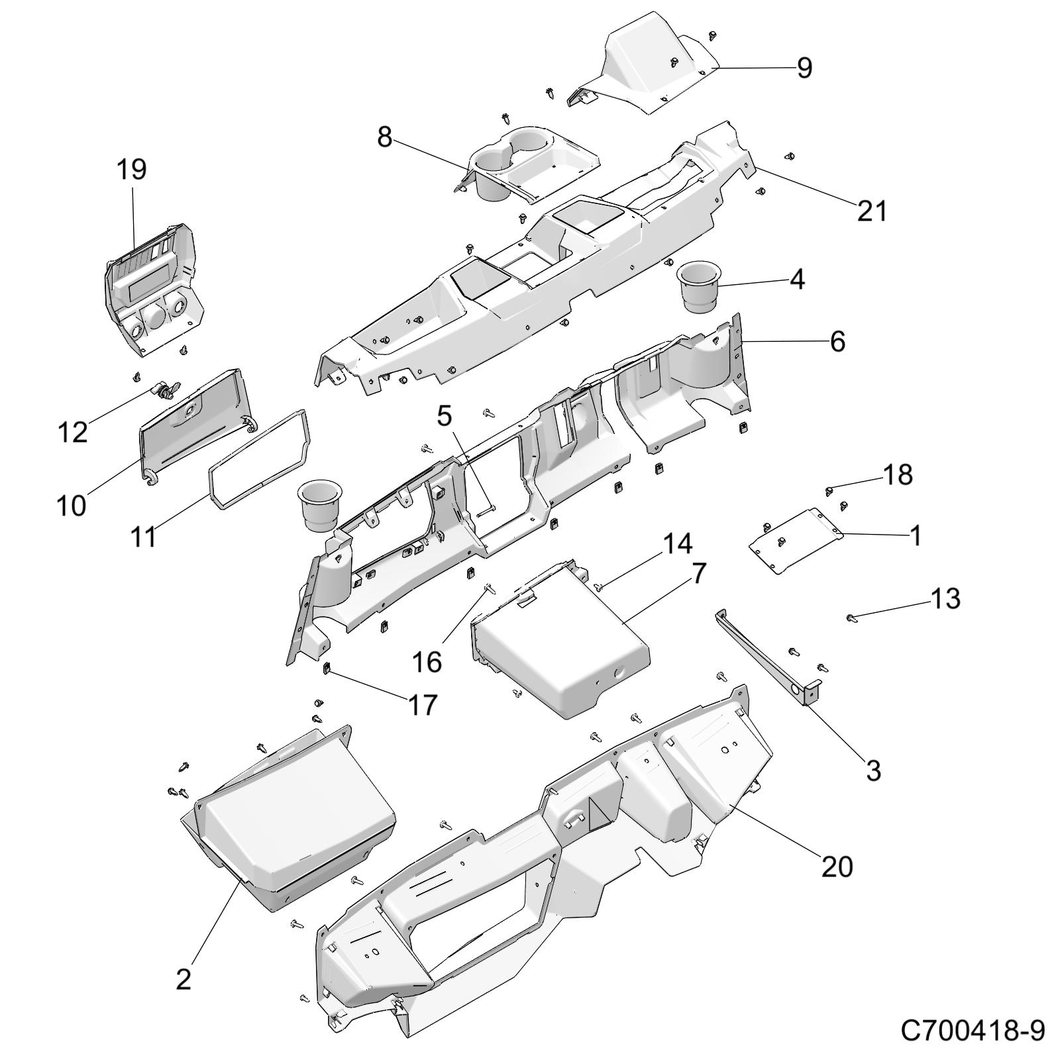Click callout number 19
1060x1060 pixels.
pyautogui.click(x=131, y=170)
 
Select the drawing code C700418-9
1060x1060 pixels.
pyautogui.click(x=973, y=1031)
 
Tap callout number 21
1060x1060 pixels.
pyautogui.click(x=871, y=211)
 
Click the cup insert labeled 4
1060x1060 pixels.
pyautogui.click(x=698, y=286)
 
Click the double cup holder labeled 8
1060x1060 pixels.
pyautogui.click(x=523, y=159)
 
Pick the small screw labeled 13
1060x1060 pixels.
pyautogui.click(x=851, y=617)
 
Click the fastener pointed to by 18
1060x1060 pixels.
pyautogui.click(x=829, y=490)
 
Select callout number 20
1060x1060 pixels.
pyautogui.click(x=837, y=867)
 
